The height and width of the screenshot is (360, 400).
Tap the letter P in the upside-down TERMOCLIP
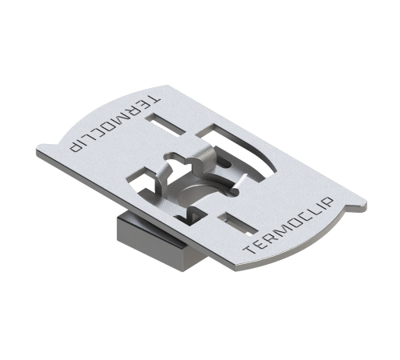click(x=75, y=146)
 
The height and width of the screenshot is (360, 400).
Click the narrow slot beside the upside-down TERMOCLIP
click(x=166, y=125)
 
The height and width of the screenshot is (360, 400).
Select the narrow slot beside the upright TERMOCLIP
click(x=238, y=224)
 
